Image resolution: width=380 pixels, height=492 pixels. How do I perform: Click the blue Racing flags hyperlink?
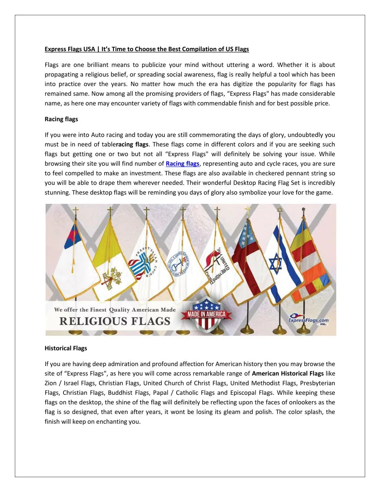click(x=182, y=164)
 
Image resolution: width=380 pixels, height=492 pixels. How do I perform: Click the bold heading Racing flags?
click(x=61, y=119)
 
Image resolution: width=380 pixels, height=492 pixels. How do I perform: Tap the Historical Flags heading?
click(x=66, y=348)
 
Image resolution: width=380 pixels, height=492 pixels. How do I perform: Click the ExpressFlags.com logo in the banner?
click(x=308, y=320)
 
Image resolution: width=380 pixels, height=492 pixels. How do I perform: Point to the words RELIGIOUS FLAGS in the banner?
click(x=115, y=321)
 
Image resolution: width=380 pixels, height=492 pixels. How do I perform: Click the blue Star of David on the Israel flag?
click(x=275, y=263)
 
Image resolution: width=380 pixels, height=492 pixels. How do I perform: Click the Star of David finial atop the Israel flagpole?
click(x=280, y=211)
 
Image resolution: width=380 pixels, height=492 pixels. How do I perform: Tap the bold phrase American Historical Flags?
click(x=288, y=374)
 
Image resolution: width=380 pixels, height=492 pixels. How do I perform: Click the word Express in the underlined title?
click(x=56, y=49)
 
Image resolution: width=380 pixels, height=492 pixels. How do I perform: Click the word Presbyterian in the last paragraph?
click(x=317, y=383)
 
